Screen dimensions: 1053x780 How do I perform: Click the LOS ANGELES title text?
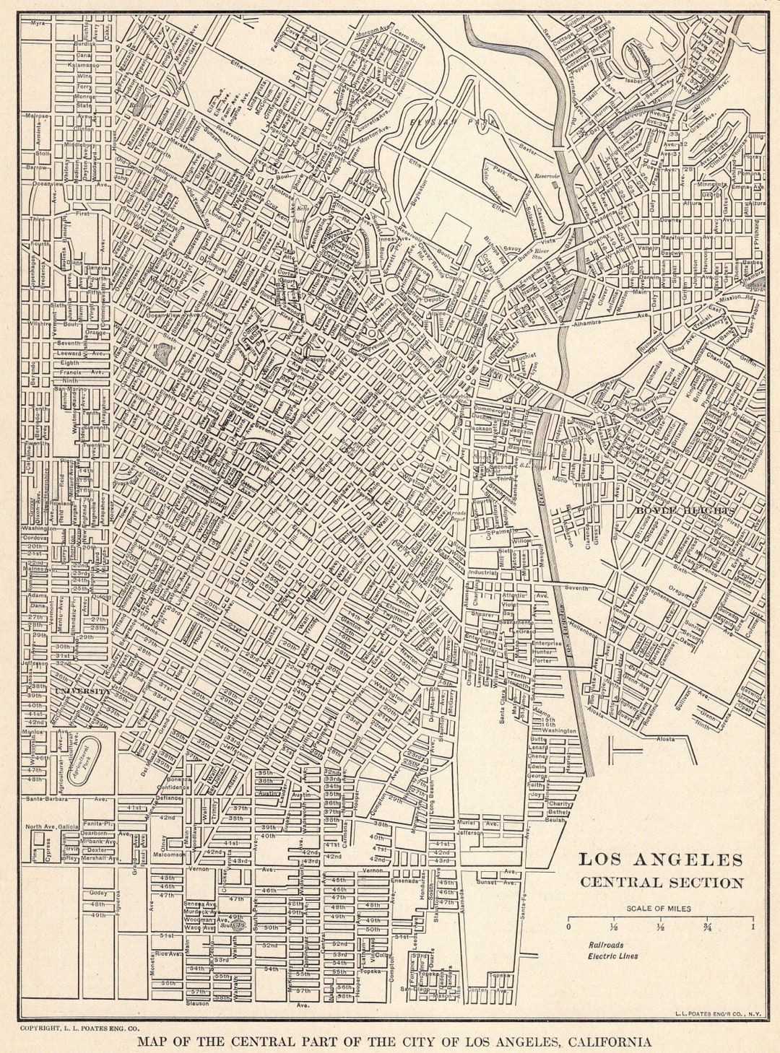660,860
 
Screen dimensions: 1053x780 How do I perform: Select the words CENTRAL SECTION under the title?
662,882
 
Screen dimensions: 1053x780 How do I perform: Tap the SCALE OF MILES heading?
659,909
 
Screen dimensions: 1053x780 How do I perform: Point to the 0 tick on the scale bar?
568,927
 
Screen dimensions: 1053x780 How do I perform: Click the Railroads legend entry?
605,945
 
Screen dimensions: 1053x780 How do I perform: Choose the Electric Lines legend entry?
612,956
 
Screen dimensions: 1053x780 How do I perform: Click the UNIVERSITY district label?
81,691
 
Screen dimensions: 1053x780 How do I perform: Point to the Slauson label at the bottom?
196,1003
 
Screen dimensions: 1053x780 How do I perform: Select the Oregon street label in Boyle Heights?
679,589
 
